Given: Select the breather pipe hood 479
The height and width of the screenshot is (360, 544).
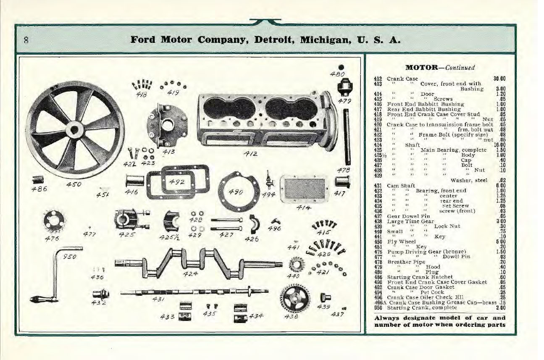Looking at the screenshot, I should [x=344, y=89].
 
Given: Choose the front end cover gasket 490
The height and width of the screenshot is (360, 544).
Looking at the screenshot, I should [x=237, y=191].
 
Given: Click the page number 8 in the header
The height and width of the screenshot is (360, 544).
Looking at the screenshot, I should [x=26, y=41].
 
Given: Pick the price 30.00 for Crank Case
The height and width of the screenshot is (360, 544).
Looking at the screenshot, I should [x=499, y=78].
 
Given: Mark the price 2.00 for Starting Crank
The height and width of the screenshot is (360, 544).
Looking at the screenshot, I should [x=499, y=308].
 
